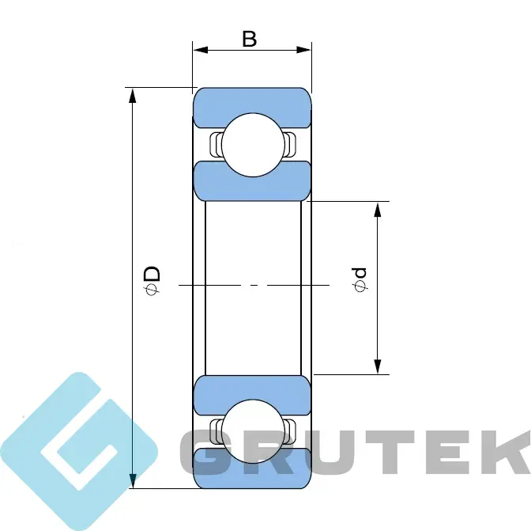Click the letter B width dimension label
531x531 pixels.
(250, 39)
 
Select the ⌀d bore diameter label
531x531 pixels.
(360, 279)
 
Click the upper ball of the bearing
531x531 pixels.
(253, 145)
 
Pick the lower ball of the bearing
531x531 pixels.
(253, 431)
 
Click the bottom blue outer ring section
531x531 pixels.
(252, 469)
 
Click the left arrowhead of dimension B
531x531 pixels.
(200, 50)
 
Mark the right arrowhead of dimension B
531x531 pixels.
(303, 50)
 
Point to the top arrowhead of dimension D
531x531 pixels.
(133, 95)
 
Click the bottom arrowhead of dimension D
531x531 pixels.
(133, 481)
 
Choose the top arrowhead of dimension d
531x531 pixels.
(378, 209)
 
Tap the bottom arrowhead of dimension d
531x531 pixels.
(378, 367)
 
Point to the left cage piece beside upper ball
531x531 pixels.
(215, 145)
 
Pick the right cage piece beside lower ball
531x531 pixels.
(290, 431)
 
